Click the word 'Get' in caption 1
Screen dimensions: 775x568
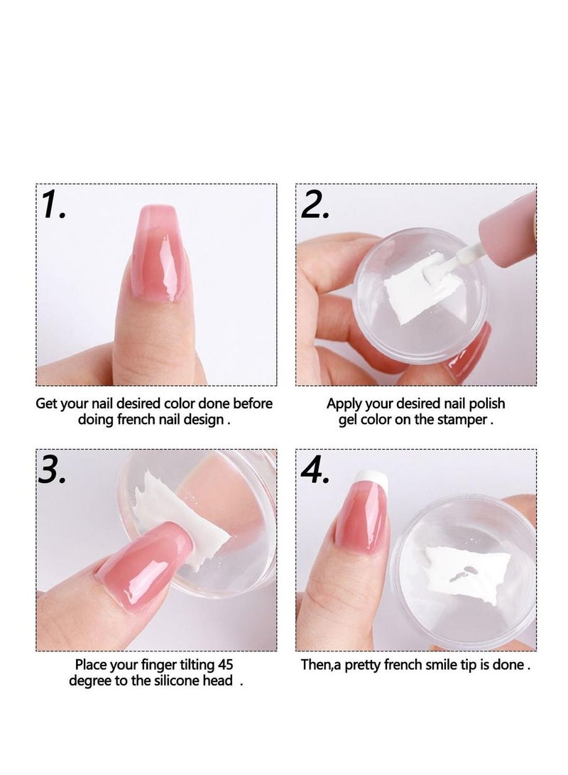click(48, 403)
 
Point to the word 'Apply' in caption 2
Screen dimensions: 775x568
click(344, 403)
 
